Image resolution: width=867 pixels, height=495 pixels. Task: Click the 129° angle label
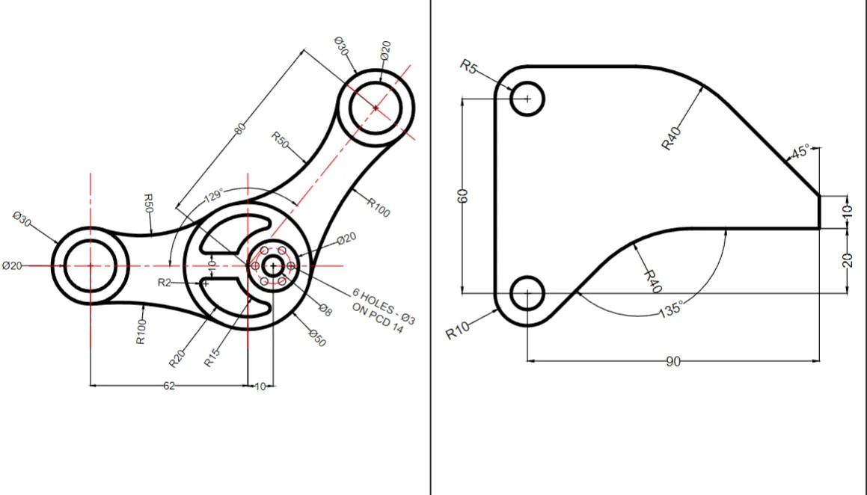(x=213, y=196)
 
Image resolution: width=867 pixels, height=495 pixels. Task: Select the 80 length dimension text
(x=239, y=129)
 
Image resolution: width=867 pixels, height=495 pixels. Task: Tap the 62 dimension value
(x=169, y=386)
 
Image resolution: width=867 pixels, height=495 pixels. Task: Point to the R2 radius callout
(x=165, y=283)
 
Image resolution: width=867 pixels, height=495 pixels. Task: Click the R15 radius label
(x=212, y=357)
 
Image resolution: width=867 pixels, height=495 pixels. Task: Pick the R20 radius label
(x=177, y=359)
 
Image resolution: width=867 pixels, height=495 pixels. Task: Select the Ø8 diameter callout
(x=325, y=310)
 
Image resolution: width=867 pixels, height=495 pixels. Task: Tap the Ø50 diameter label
(x=317, y=337)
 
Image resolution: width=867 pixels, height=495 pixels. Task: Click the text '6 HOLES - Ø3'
(x=384, y=306)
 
